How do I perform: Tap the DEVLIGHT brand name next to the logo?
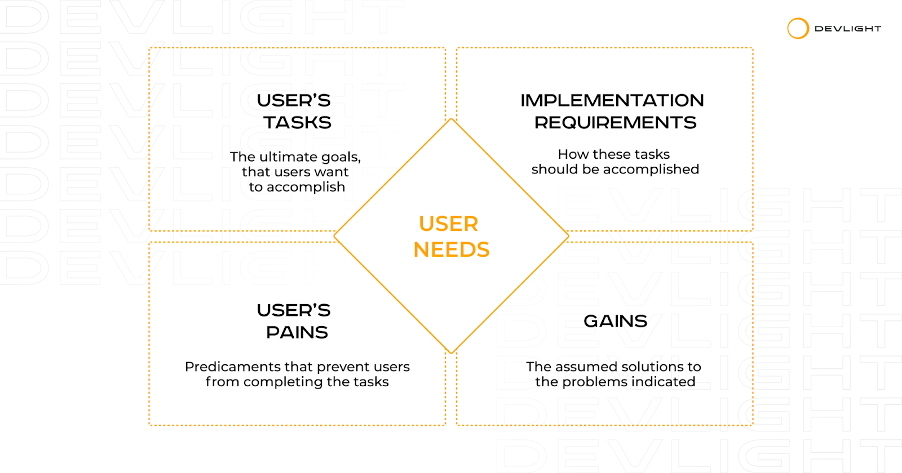click(848, 29)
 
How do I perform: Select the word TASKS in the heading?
click(297, 122)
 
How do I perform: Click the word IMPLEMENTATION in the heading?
click(612, 100)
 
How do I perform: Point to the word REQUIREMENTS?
click(615, 122)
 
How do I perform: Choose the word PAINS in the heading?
click(297, 332)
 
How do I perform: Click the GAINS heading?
click(615, 321)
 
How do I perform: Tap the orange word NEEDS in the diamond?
click(452, 249)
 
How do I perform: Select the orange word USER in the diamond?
click(449, 224)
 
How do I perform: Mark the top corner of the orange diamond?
click(452, 119)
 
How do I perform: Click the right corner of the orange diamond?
click(568, 236)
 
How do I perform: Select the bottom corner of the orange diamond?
click(452, 352)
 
